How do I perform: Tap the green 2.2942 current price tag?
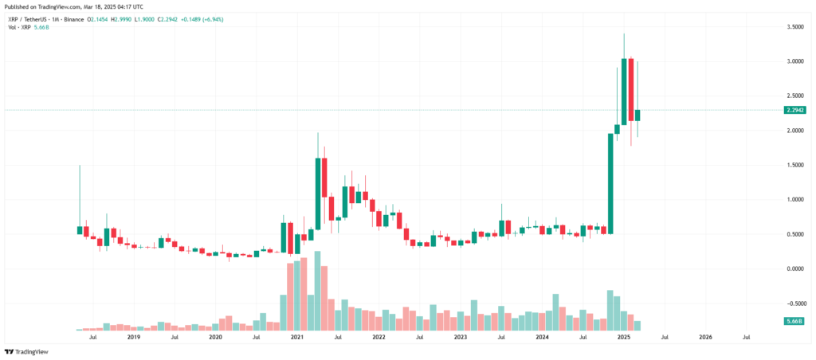coord(794,110)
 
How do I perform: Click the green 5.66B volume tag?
coord(794,320)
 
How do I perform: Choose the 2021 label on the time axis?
coord(297,337)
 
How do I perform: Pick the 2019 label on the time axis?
coord(134,337)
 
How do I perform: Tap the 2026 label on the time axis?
coord(705,337)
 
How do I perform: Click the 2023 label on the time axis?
coord(461,337)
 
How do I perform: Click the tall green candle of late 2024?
coord(610,183)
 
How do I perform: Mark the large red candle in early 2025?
coord(630,89)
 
